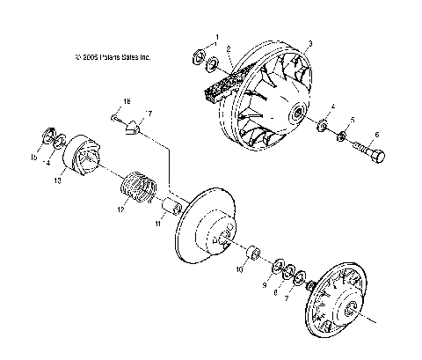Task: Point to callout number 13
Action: [x=58, y=180]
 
